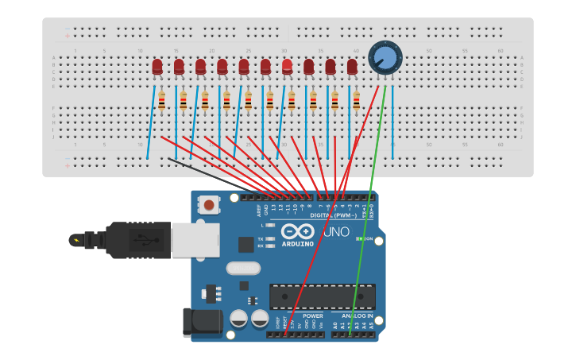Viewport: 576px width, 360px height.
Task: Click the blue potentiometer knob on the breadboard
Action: tap(385, 57)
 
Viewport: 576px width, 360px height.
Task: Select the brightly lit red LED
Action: tap(287, 67)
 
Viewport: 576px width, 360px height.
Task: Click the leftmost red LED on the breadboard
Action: tap(157, 67)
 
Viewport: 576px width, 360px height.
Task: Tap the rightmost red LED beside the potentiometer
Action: tap(352, 67)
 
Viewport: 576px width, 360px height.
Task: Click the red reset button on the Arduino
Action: tap(209, 205)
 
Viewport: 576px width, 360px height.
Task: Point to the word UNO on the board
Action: tap(335, 232)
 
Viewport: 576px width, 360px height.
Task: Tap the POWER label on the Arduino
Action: tap(313, 316)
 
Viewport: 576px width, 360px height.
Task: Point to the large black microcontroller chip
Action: tap(323, 296)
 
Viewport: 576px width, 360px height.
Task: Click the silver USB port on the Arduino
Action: tap(195, 239)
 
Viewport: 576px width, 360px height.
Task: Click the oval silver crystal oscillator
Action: tap(243, 269)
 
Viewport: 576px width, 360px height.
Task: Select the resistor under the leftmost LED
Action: tap(161, 102)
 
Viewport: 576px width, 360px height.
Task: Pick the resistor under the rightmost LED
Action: tap(356, 102)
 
